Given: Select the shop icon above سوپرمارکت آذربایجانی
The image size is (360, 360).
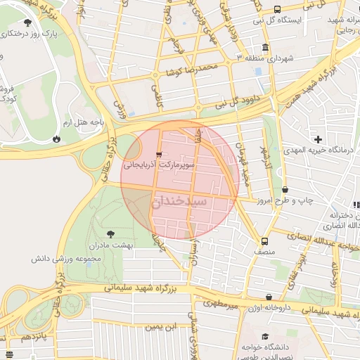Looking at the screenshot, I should pos(159,154).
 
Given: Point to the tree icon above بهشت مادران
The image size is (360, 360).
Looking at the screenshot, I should pos(110,233).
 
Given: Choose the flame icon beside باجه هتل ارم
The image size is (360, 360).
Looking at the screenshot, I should pos(56,139).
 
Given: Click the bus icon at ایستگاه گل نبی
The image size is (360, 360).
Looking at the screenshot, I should pos(277,10).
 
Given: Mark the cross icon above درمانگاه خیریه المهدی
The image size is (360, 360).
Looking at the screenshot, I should pos(319,139).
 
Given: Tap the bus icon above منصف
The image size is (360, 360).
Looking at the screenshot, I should pos(264,240).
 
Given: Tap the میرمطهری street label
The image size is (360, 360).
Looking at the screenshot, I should pos(222,304).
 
